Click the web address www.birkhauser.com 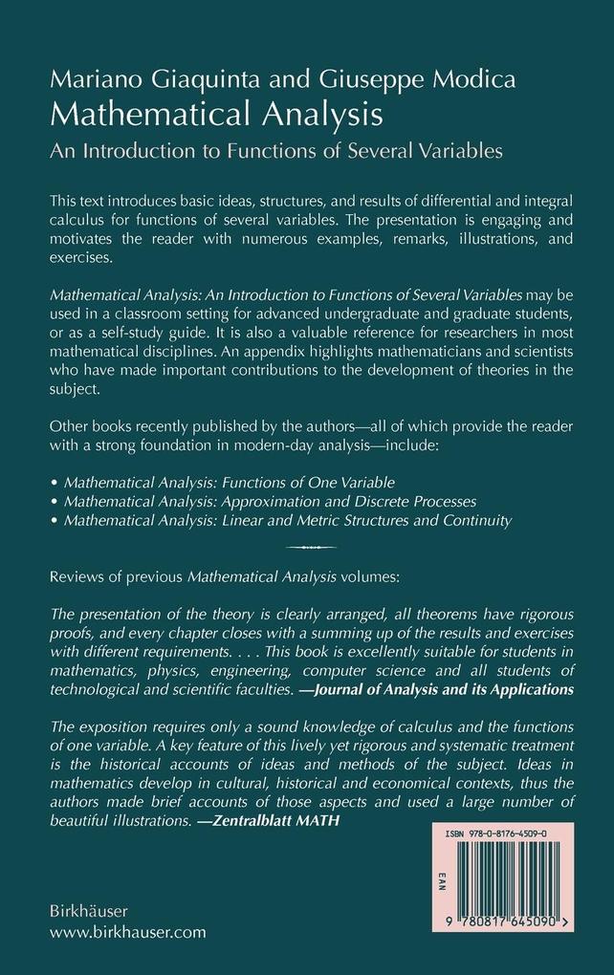[117, 932]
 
